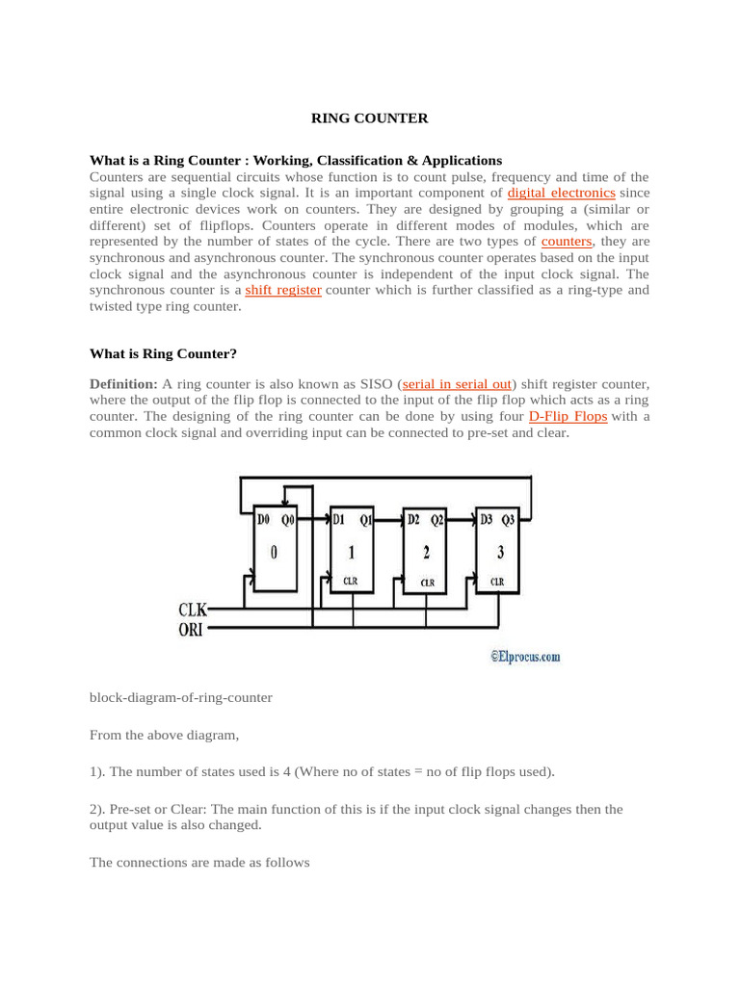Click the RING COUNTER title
(368, 118)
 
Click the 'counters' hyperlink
(567, 241)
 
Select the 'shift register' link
(283, 289)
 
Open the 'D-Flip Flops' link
(568, 416)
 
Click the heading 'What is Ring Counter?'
(163, 353)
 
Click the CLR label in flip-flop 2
(427, 583)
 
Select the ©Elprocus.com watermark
(524, 658)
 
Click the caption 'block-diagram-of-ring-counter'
(180, 697)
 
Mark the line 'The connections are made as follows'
(199, 863)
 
